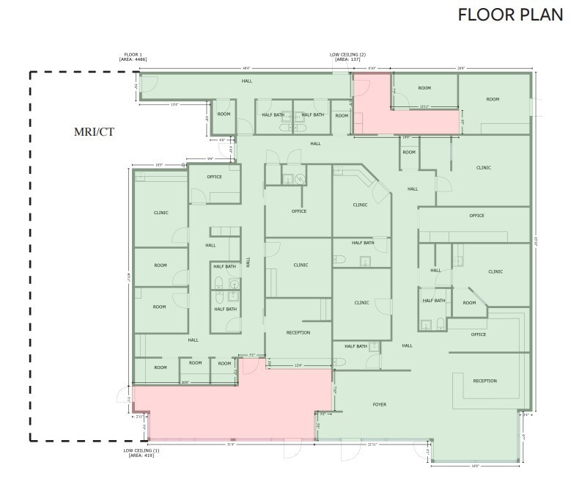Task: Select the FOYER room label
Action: (x=379, y=404)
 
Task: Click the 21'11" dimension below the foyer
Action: (x=373, y=445)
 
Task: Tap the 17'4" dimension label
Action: (x=174, y=105)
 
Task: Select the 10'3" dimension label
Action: (x=158, y=165)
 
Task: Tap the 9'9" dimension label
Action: (x=210, y=158)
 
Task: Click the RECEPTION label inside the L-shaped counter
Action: (x=485, y=381)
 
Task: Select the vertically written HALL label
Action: (x=249, y=261)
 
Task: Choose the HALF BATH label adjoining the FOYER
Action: (x=356, y=346)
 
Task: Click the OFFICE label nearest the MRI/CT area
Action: (x=214, y=177)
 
